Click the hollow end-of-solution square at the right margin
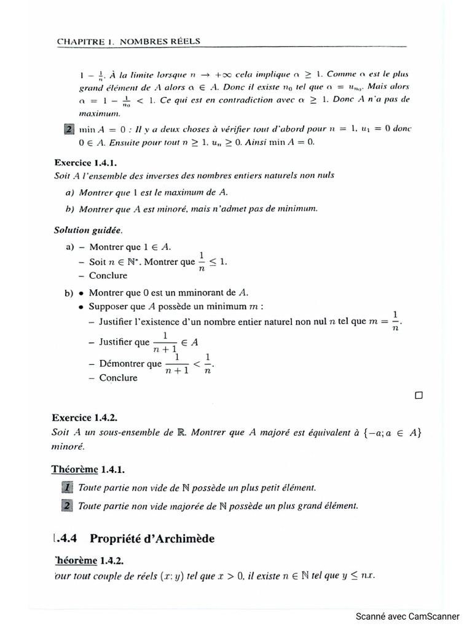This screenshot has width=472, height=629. point(419,396)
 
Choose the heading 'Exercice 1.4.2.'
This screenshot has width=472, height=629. point(85,417)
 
